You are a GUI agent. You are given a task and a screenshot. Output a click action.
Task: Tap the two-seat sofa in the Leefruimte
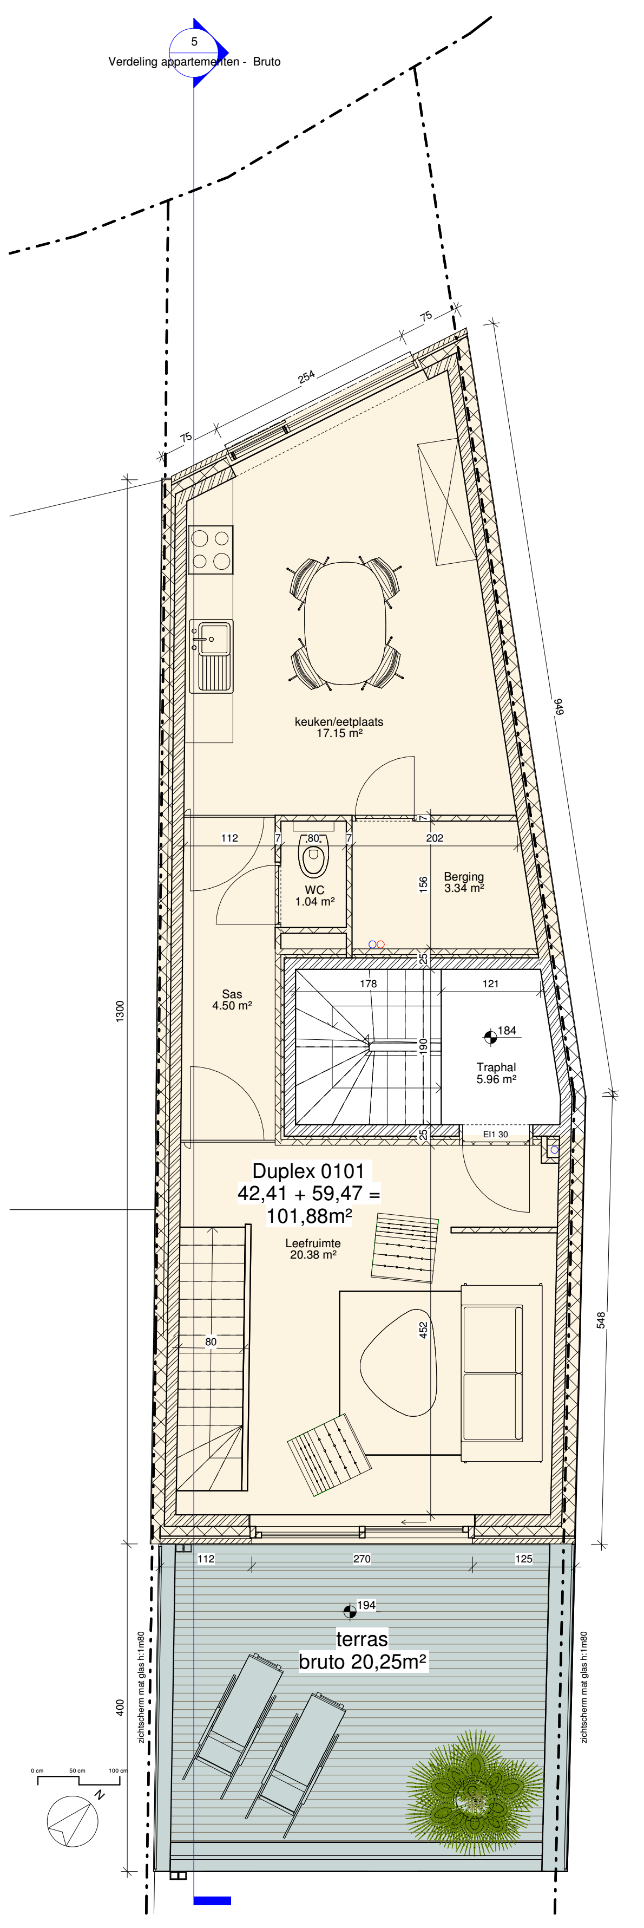click(501, 1373)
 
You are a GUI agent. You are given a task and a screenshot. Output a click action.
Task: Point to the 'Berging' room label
click(464, 876)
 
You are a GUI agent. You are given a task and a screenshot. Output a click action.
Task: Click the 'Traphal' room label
click(496, 1067)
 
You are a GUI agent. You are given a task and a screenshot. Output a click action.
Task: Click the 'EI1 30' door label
click(495, 1135)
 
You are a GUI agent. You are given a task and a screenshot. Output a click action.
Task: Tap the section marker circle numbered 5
click(194, 51)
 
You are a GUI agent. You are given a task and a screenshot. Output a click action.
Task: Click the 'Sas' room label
click(232, 994)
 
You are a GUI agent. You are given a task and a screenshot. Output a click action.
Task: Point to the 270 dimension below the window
click(362, 1558)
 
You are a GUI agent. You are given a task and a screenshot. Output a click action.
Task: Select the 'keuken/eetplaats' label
click(339, 721)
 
